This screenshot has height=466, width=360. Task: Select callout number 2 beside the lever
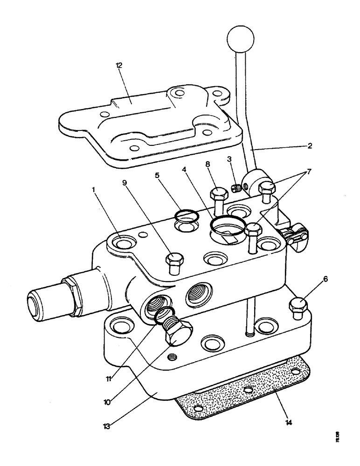(x=310, y=146)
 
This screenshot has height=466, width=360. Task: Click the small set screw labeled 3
(x=235, y=188)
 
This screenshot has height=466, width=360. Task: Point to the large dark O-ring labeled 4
(x=227, y=226)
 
